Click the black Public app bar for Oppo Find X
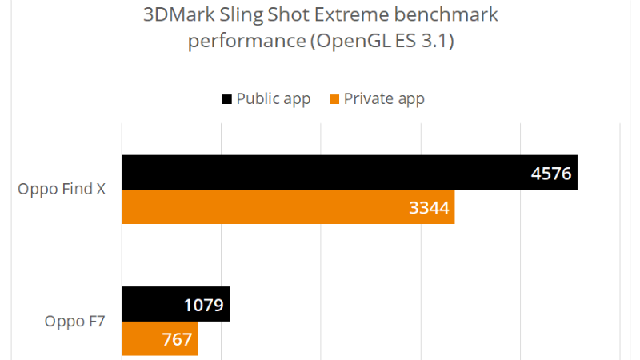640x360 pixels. click(320, 173)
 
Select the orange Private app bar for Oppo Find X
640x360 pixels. click(264, 207)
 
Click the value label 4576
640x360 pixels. click(551, 173)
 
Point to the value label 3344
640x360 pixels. click(429, 208)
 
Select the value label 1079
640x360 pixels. click(203, 304)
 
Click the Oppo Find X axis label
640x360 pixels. click(63, 190)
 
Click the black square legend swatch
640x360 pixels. click(227, 99)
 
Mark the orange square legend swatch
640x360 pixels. click(334, 99)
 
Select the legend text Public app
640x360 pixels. click(273, 99)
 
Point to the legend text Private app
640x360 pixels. click(384, 99)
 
